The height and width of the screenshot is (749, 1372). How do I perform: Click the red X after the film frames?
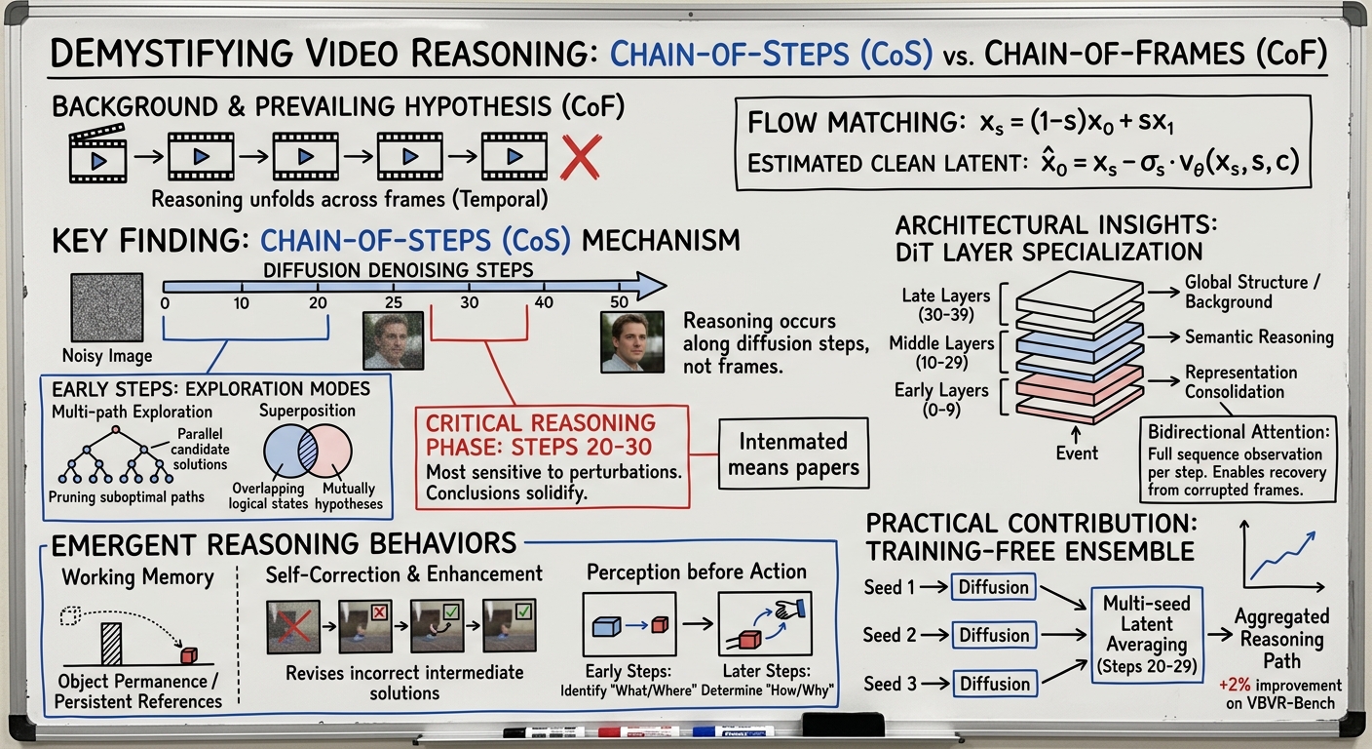pos(580,156)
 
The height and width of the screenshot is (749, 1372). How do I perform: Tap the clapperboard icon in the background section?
pos(97,154)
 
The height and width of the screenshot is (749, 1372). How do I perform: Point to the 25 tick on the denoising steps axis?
pos(394,303)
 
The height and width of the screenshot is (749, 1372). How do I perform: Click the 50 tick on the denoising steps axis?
pos(618,303)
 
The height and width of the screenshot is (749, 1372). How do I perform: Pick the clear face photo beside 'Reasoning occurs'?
pos(632,341)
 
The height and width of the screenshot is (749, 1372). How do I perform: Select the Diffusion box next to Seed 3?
pos(993,682)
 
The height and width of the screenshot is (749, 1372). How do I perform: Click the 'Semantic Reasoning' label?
pos(1259,337)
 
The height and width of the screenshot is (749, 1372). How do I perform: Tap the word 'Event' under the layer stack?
pos(1078,453)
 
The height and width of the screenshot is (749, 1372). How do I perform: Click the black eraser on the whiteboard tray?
pos(842,725)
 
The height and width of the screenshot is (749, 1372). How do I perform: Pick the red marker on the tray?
pos(634,731)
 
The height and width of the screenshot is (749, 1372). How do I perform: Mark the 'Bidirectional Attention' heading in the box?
pos(1237,432)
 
